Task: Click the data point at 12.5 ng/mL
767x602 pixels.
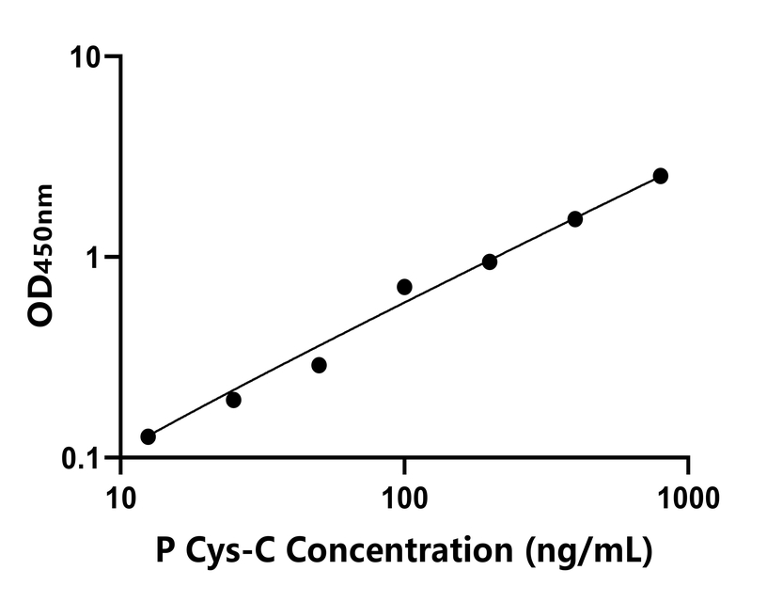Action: [148, 436]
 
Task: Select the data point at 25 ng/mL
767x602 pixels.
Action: [233, 400]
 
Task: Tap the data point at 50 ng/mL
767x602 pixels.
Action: [319, 365]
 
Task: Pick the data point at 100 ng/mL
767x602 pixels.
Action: [404, 287]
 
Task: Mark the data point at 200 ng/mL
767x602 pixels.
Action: [490, 261]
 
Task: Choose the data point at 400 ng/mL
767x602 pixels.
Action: [575, 219]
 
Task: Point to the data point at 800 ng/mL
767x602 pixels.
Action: [661, 176]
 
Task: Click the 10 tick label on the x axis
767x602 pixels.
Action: [119, 492]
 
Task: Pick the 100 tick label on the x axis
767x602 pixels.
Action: [404, 492]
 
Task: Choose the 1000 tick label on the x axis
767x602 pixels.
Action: [688, 492]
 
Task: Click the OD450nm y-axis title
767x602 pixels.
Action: [41, 256]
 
